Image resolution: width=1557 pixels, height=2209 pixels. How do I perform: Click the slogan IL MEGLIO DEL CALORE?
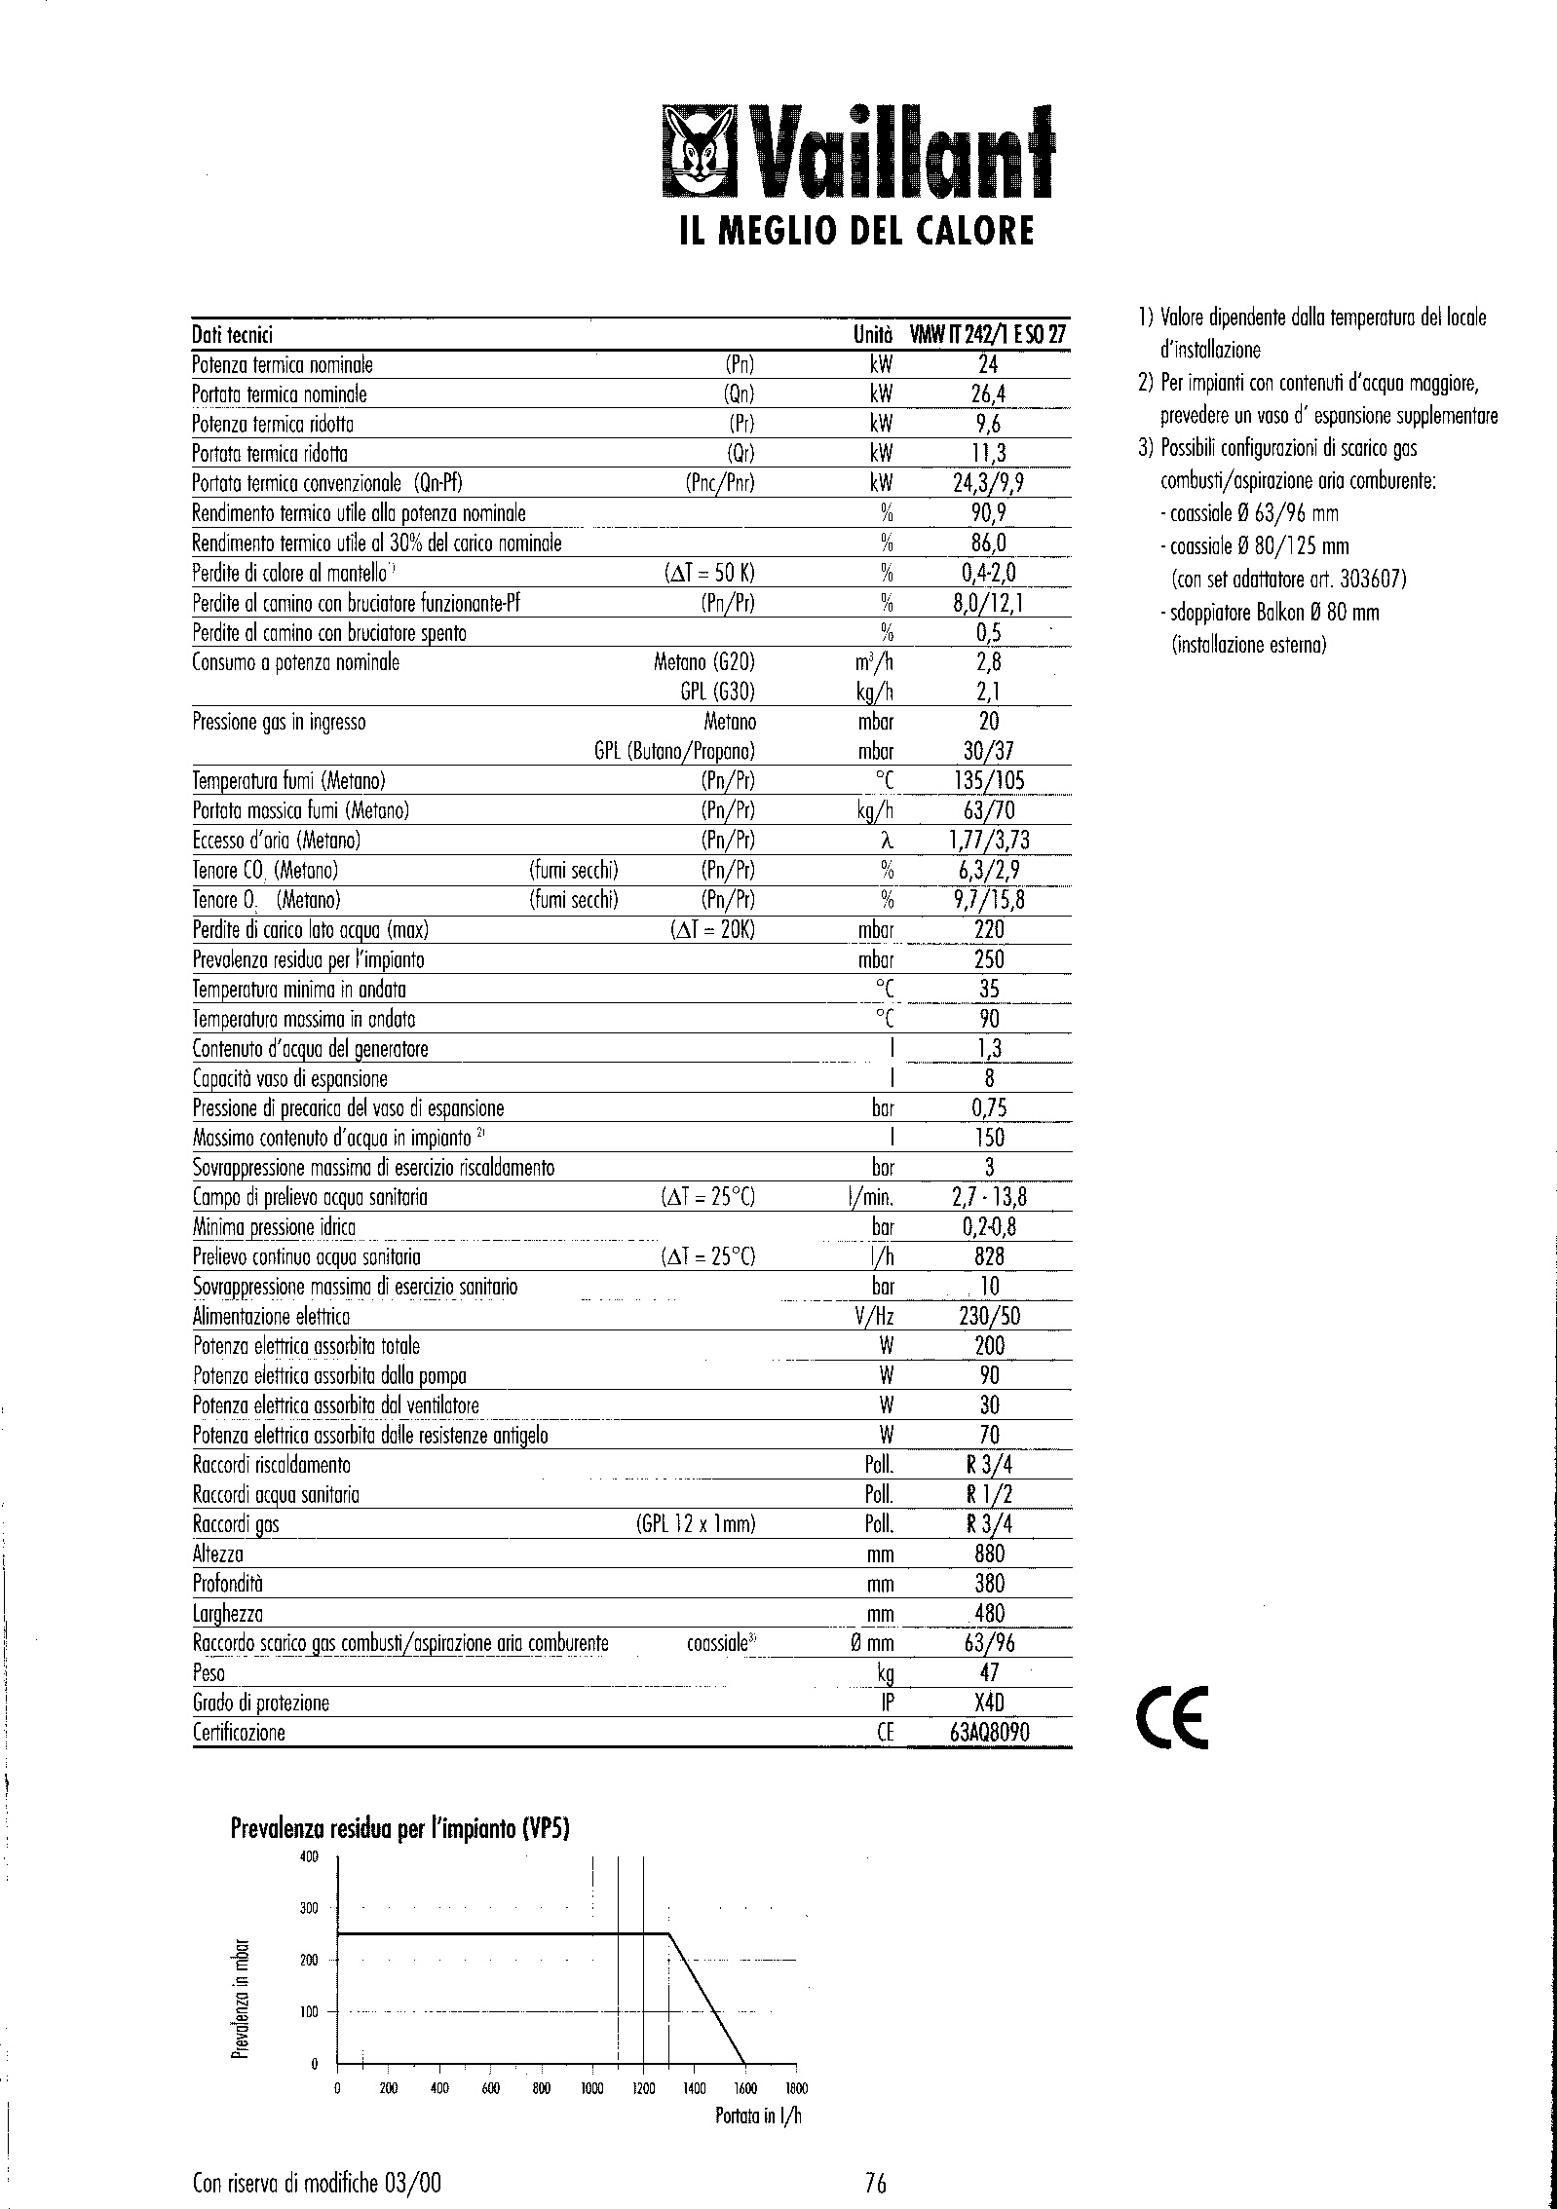[854, 232]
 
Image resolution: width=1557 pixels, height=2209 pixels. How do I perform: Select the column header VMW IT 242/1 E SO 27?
[988, 335]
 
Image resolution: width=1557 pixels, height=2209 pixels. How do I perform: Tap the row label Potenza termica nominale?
[283, 365]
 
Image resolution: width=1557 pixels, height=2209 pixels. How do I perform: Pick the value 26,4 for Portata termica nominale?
[989, 394]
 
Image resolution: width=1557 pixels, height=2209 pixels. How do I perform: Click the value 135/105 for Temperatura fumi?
[989, 780]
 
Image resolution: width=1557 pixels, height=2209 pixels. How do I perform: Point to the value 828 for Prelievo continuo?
[989, 1256]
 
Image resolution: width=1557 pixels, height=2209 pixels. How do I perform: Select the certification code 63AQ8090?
[989, 1733]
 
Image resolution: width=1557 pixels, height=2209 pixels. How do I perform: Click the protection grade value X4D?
[989, 1703]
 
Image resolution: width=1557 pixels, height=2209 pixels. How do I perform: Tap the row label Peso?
[209, 1673]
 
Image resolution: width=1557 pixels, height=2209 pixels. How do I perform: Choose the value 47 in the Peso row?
[989, 1672]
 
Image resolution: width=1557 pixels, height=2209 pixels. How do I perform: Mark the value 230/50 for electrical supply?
[989, 1316]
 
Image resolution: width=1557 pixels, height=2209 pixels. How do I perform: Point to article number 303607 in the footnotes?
[1371, 580]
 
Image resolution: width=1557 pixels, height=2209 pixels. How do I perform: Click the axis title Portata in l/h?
[757, 2115]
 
